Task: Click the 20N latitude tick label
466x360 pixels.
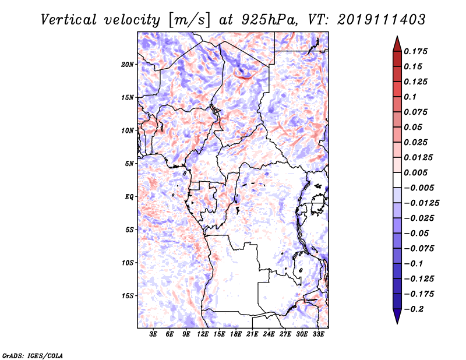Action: [x=128, y=64]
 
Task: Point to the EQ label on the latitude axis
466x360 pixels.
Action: [x=130, y=197]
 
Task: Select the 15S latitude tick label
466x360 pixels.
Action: [x=128, y=296]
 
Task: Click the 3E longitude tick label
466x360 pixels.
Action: [x=153, y=335]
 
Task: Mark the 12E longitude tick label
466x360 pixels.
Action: [x=203, y=335]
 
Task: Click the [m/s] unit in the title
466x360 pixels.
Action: [x=190, y=20]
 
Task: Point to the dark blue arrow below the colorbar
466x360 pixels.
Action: [x=397, y=317]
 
